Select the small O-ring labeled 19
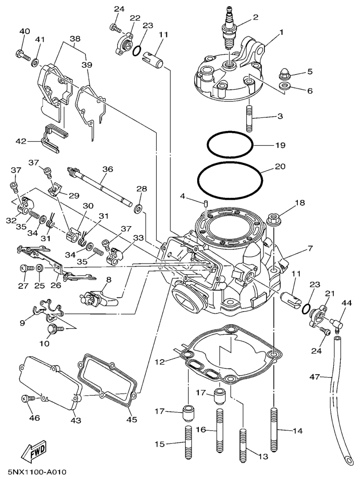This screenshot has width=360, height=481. (x=230, y=146)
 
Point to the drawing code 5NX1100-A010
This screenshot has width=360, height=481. (x=34, y=472)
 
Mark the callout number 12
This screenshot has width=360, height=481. (x=159, y=362)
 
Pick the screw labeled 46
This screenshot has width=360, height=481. (x=28, y=398)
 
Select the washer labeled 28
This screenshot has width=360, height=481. (x=138, y=207)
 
